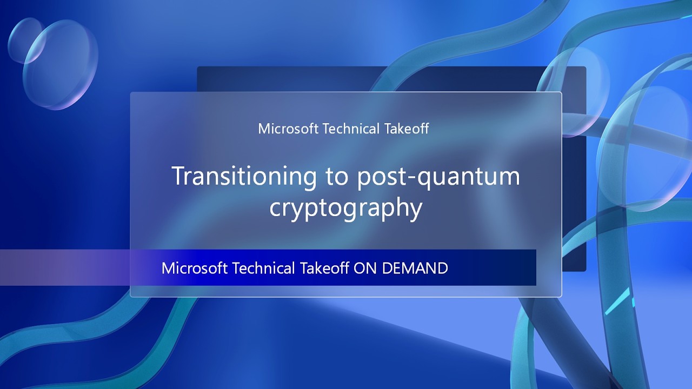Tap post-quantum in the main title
coord(438,177)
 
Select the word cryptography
coord(345,209)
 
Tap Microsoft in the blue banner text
coord(195,268)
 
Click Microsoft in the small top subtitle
coord(288,129)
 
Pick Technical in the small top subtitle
coord(350,129)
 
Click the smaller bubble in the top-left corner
coord(25,39)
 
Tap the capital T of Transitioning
coord(178,176)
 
